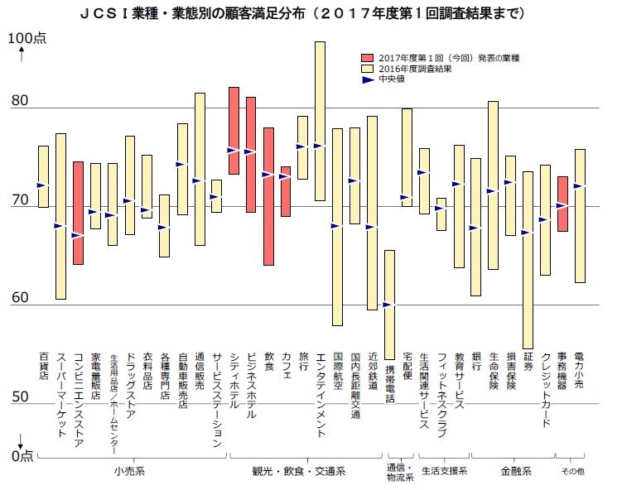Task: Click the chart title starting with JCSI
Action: coord(311,14)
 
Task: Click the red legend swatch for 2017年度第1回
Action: coord(368,58)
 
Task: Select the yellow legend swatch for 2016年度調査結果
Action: coord(368,69)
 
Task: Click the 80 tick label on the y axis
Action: coord(20,102)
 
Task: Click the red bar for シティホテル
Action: coord(234,130)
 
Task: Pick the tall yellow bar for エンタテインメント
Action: coord(320,121)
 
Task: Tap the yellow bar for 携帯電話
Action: coord(389,305)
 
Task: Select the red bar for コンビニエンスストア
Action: coord(78,213)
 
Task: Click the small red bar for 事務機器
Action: coord(562,204)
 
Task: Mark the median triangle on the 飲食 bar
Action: coord(268,175)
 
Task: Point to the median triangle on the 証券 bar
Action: coord(528,233)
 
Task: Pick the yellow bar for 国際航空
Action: coord(337,227)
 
